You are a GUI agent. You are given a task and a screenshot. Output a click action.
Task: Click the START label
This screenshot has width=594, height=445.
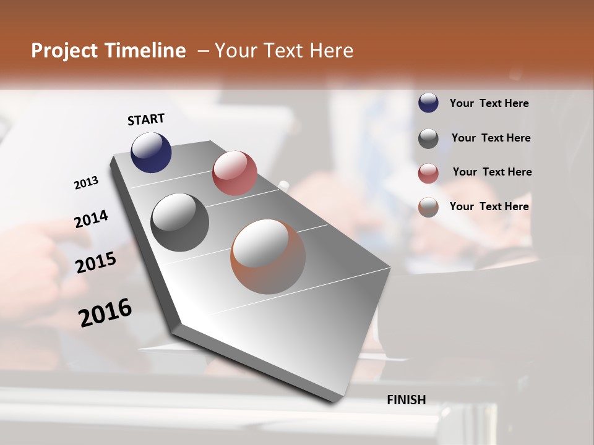click(x=146, y=119)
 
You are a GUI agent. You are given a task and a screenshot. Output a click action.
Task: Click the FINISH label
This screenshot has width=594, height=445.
click(x=406, y=400)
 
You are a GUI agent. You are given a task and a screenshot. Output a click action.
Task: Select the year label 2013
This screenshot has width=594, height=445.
click(x=86, y=183)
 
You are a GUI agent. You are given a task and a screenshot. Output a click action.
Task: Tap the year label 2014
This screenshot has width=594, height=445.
click(x=91, y=219)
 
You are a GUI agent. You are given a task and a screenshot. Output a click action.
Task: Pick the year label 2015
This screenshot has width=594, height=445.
click(x=96, y=263)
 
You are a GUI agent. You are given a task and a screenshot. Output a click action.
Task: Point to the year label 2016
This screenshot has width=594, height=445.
click(x=105, y=313)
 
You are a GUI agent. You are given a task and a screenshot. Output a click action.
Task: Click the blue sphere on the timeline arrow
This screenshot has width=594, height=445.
click(x=151, y=152)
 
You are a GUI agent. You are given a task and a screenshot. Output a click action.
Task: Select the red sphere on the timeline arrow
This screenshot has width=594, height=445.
click(x=235, y=173)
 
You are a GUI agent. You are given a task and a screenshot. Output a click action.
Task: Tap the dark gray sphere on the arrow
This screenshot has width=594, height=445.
click(x=180, y=222)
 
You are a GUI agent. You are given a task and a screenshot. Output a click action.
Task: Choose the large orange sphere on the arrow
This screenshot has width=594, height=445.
click(x=268, y=256)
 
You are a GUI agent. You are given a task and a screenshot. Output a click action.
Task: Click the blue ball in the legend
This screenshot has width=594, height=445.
click(x=428, y=103)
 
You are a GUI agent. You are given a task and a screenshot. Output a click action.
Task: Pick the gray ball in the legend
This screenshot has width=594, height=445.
click(x=428, y=138)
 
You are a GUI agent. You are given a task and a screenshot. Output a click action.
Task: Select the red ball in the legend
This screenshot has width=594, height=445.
click(x=428, y=172)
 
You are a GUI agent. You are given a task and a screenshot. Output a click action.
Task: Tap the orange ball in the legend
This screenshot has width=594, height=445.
click(x=428, y=207)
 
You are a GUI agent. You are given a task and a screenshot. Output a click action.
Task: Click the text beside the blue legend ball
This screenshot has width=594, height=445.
click(x=489, y=104)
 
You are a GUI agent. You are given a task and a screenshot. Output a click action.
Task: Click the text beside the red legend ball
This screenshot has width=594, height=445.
click(x=492, y=172)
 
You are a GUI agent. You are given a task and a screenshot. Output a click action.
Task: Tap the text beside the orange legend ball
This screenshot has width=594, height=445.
click(x=489, y=206)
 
